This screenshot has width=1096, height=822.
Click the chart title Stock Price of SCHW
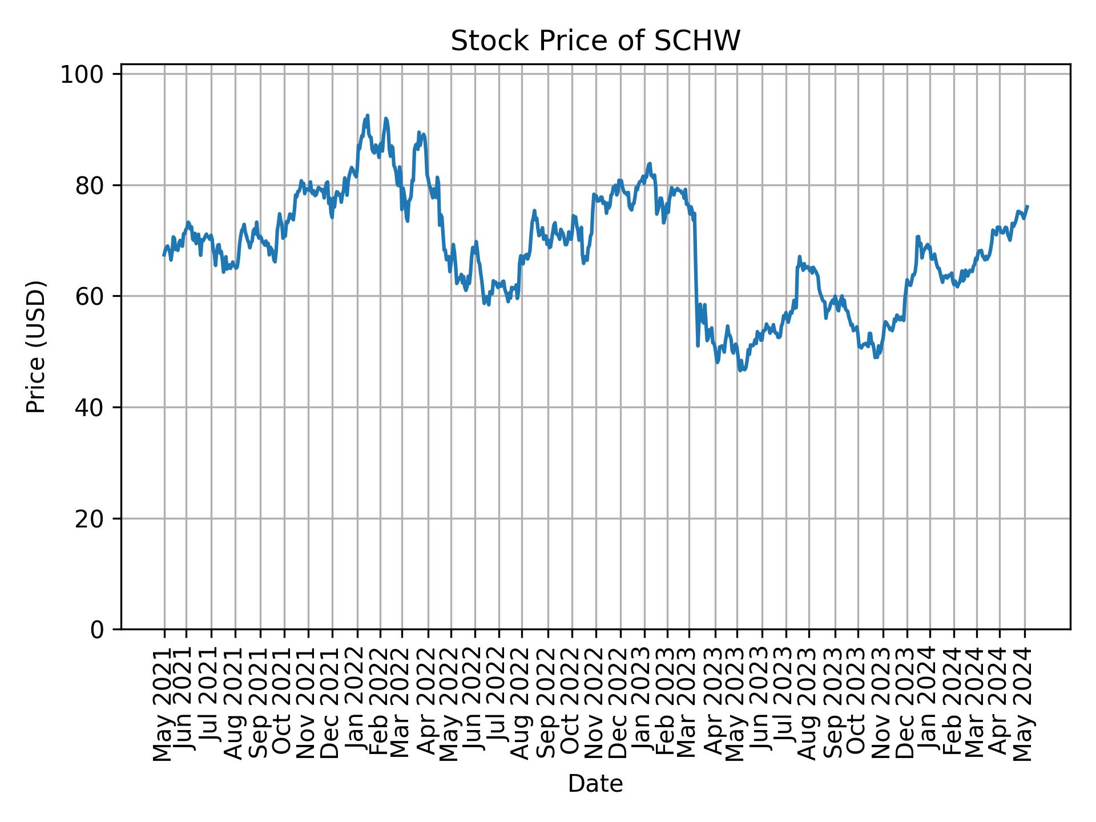pos(595,42)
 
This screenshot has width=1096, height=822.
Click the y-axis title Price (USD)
pos(36,346)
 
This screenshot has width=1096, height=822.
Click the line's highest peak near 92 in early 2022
pos(368,115)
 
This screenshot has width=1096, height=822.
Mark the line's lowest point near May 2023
pos(739,371)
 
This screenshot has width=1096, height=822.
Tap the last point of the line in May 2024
pos(1027,206)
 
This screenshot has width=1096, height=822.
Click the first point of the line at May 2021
pos(164,255)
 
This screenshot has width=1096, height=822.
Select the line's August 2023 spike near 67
pos(800,257)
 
